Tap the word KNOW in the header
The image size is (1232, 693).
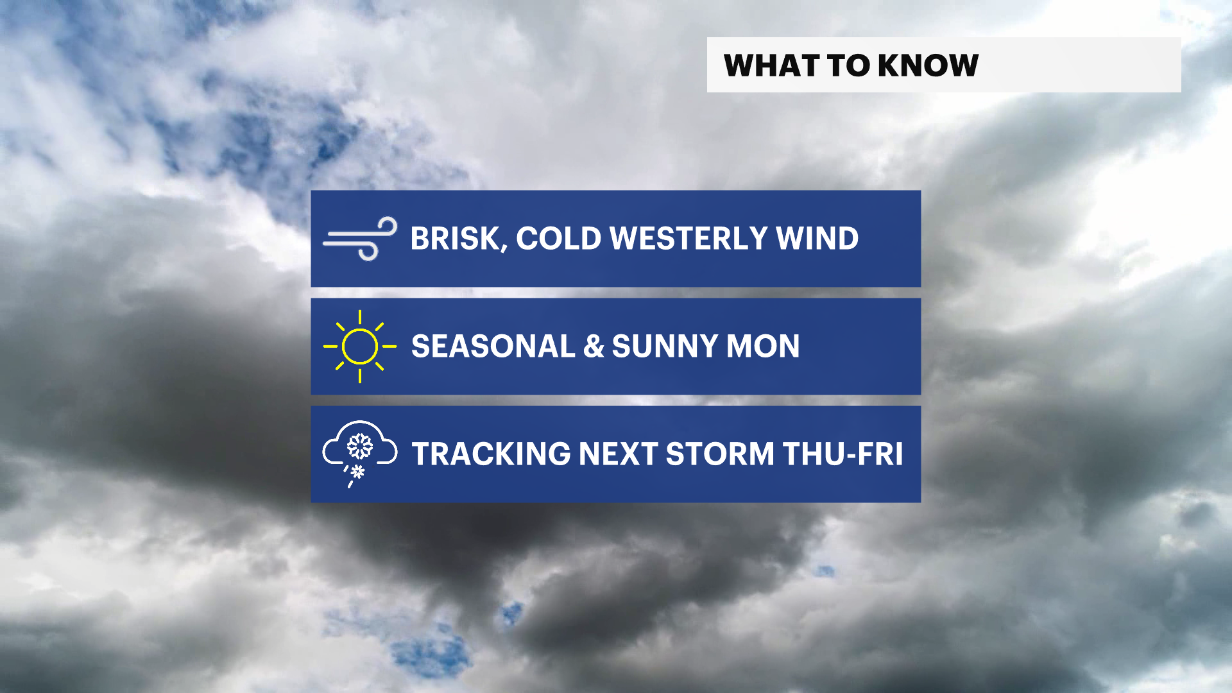pos(928,65)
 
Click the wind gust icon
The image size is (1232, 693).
pos(360,239)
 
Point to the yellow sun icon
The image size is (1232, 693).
pos(360,346)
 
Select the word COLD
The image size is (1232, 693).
pos(558,239)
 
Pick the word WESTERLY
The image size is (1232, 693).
pos(689,239)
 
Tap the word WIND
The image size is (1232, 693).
pos(817,239)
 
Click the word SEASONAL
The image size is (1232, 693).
pos(493,346)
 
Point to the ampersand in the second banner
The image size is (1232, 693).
pos(594,346)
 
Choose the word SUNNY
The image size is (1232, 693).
pos(665,346)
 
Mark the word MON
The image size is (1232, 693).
pos(763,346)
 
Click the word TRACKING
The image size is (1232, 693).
pos(491,454)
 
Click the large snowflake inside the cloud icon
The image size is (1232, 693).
pos(360,446)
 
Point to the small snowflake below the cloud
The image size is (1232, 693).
pos(358,472)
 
